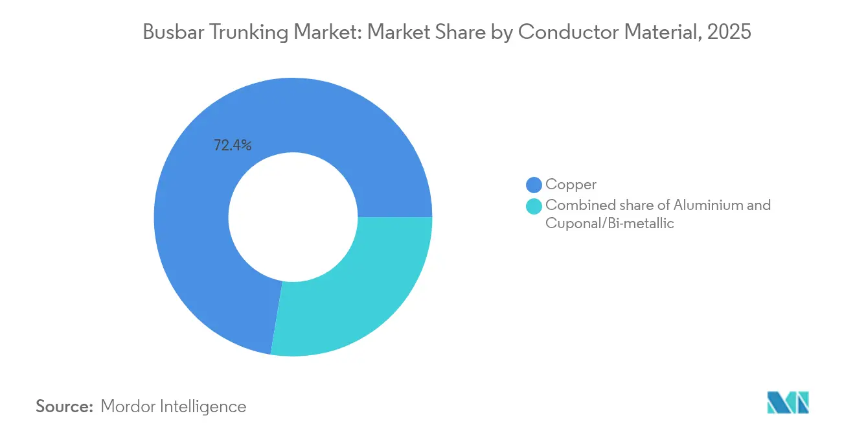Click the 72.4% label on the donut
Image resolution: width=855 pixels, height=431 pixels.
(x=233, y=146)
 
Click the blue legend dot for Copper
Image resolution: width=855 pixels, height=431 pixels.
(x=534, y=185)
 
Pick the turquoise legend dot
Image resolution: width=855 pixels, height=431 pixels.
(x=534, y=207)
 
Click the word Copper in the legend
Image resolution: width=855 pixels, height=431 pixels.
(x=571, y=185)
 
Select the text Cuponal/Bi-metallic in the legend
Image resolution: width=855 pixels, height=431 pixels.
(x=610, y=224)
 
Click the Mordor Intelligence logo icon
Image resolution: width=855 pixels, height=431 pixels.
(x=788, y=402)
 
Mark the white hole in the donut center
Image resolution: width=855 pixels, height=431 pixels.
(x=293, y=217)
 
